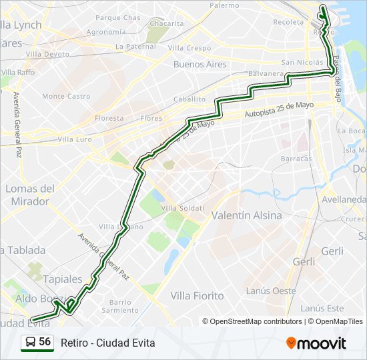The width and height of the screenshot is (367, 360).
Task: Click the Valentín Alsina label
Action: coord(246,216)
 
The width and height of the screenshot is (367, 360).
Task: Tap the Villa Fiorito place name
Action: coord(198,295)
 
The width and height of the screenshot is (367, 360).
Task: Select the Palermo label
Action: coord(224,5)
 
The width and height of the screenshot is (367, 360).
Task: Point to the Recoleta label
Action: coord(288,22)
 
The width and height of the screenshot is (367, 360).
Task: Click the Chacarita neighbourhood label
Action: coord(166,23)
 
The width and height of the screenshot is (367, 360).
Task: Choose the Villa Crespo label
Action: coord(190,48)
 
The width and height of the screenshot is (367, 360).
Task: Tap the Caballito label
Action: coord(190,99)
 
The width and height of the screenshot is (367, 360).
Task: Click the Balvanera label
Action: coord(265,73)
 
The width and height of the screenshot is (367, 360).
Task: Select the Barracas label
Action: coord(296,159)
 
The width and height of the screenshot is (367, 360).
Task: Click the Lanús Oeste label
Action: coord(270,291)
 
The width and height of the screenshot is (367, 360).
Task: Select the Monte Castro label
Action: coord(66,96)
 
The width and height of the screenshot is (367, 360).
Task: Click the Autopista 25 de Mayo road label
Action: coord(279,110)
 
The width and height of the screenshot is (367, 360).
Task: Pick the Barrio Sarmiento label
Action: coord(120,306)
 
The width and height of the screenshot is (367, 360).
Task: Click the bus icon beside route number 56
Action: coord(31,342)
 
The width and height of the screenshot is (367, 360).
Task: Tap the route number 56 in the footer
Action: coord(45,342)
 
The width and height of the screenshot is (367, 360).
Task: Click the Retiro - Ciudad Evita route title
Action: coord(107,343)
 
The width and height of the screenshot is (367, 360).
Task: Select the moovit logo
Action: coord(316,343)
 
